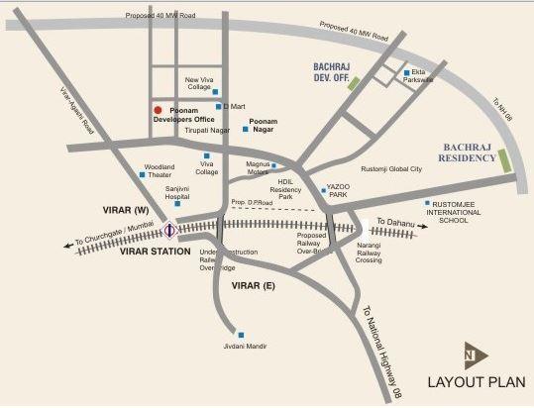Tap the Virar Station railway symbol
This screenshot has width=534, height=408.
pyautogui.click(x=170, y=232)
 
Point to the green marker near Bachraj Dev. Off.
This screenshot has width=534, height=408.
pyautogui.click(x=355, y=84)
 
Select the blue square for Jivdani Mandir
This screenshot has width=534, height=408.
pyautogui.click(x=240, y=334)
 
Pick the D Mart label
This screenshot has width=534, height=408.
pyautogui.click(x=234, y=104)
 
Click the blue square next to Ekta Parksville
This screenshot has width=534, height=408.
pyautogui.click(x=406, y=72)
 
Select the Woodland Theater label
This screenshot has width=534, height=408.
pyautogui.click(x=159, y=171)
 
